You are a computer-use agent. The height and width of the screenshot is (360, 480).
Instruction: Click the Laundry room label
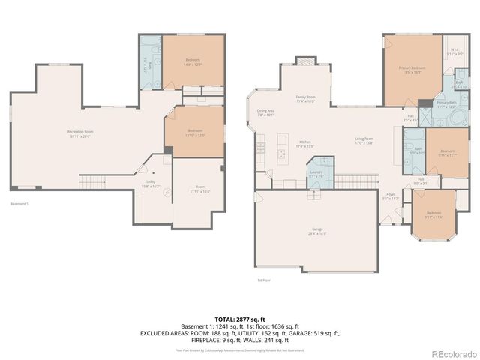316,174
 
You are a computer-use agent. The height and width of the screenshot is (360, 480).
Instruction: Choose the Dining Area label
266,113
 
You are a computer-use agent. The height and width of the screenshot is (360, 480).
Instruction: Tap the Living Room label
364,140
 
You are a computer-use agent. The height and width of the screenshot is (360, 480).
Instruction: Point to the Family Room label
305,99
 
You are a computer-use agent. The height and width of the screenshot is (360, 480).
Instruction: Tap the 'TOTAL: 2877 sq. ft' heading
239,319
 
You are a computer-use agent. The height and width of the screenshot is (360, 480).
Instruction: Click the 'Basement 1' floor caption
19,204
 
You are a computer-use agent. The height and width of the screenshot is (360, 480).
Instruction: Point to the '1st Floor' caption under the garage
264,280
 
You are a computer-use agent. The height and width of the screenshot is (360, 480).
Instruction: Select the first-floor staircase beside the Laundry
350,181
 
